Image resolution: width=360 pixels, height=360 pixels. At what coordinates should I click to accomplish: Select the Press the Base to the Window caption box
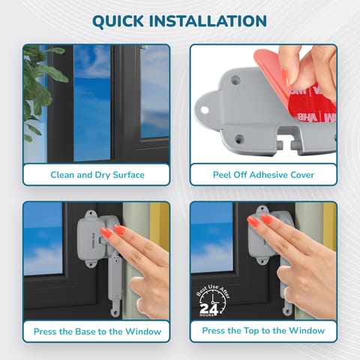click(96, 331)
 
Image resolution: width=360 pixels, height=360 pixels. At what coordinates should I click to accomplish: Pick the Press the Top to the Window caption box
click(263, 331)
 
